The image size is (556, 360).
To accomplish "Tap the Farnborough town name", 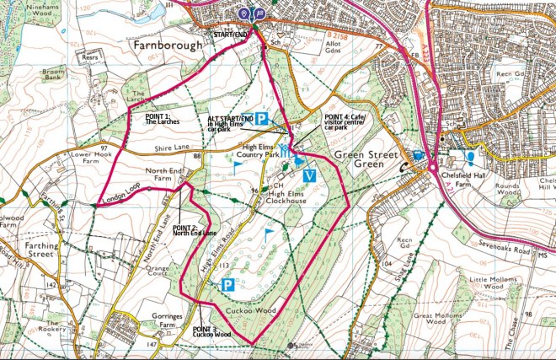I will click(168, 45).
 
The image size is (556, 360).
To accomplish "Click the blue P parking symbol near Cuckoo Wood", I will click(227, 287).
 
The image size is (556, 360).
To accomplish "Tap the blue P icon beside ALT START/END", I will click(262, 120).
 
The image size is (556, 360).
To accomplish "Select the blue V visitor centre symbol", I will click(309, 175).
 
